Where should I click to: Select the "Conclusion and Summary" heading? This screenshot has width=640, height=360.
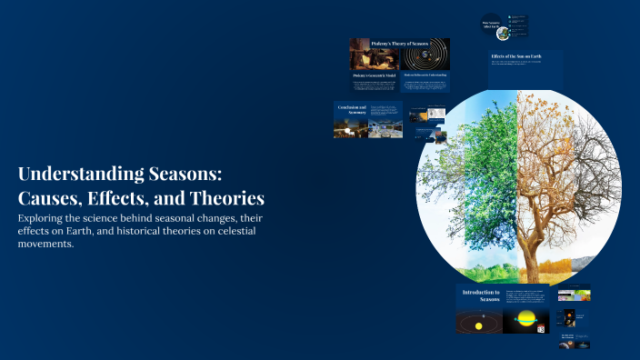coord(351,111)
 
